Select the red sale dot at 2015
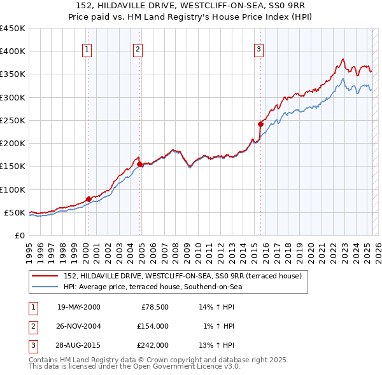(261, 124)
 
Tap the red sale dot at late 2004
(139, 164)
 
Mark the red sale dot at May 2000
(88, 199)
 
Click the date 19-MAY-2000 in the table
(79, 307)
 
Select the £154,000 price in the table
(152, 326)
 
